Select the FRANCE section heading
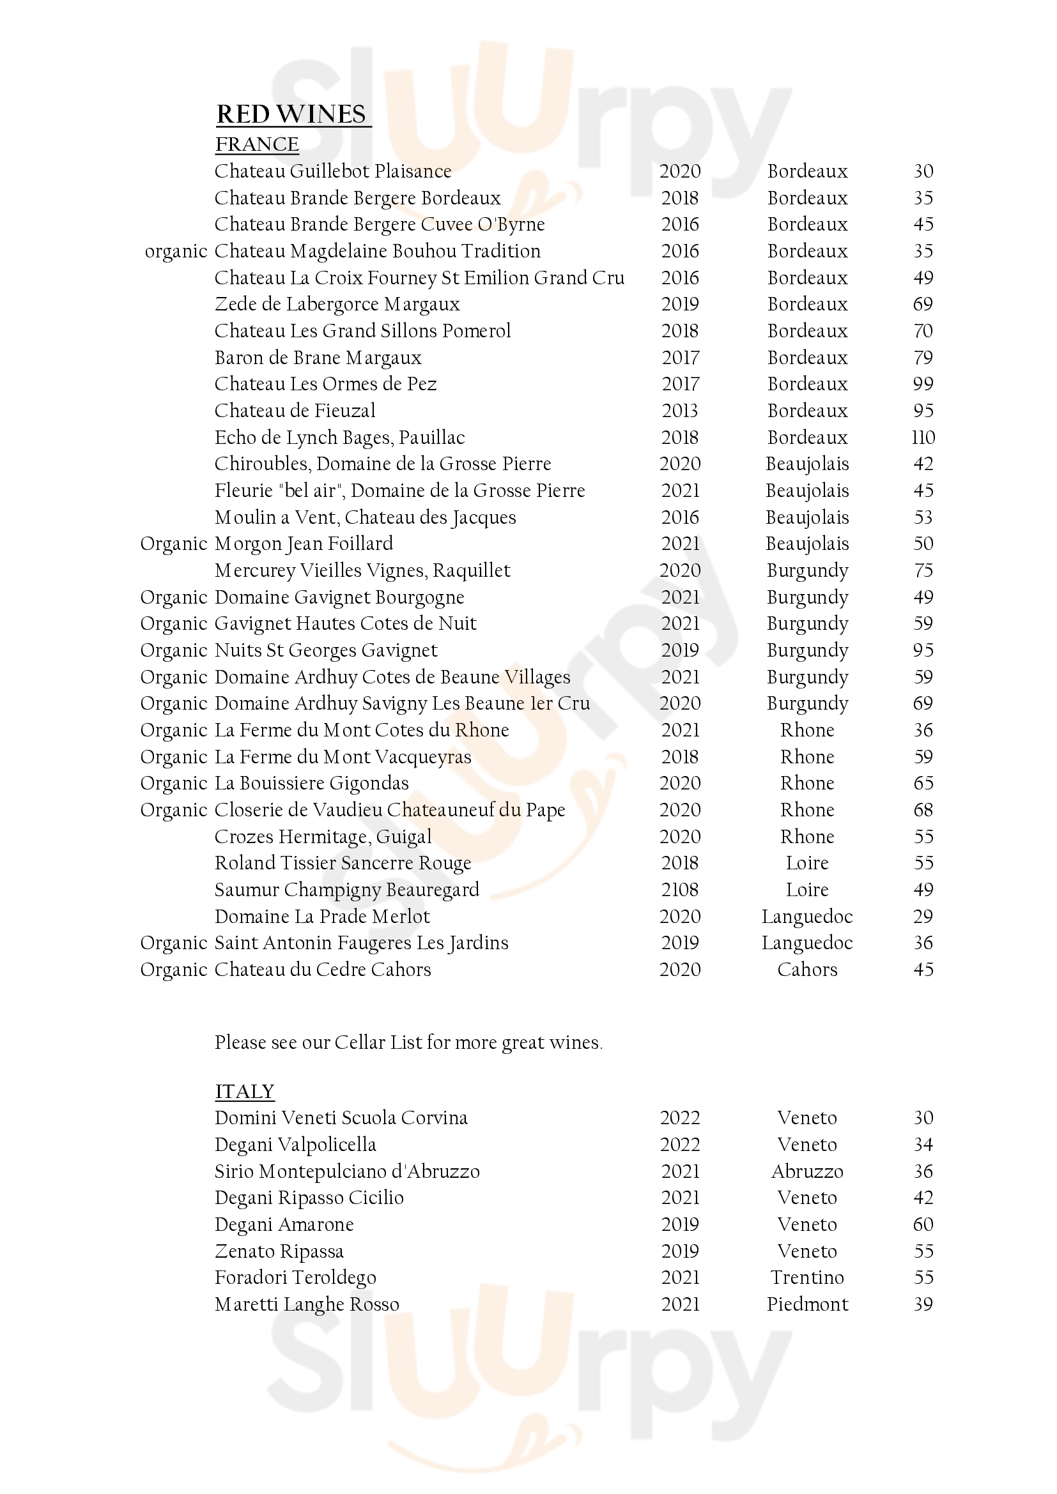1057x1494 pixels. coord(257,144)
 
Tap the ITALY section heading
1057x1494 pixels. coord(245,1091)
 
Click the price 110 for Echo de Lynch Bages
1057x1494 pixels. coord(923,438)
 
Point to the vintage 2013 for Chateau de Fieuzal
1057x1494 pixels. coord(679,411)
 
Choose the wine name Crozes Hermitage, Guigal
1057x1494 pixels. coord(323,837)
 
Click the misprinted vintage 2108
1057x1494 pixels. coord(679,890)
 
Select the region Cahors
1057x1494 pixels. coord(807,970)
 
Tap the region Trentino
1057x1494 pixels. coord(807,1277)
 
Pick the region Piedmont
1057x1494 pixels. coord(807,1304)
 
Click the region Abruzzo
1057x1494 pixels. coord(807,1171)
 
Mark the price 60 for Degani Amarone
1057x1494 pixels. coord(923,1224)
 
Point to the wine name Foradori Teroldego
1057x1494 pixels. coord(295,1277)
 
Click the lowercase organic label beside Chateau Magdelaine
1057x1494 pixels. coord(176,251)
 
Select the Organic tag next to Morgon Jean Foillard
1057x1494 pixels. coord(174,544)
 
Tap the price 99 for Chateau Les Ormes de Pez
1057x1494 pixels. coord(923,384)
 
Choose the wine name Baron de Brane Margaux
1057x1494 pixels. coord(318,358)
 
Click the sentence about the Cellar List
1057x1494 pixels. coord(409,1042)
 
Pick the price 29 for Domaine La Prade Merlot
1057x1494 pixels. coord(923,916)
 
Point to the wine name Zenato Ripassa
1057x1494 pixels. coord(279,1251)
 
